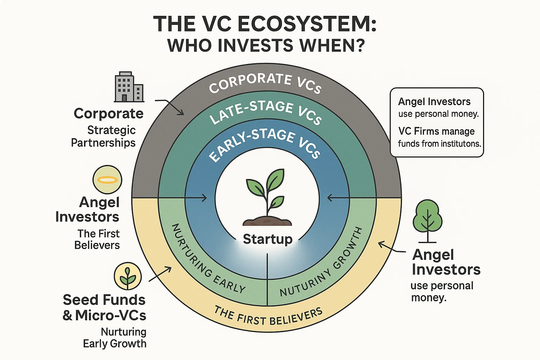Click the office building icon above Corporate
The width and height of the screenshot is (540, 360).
click(x=129, y=87)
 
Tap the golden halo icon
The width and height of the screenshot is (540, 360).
click(x=107, y=180)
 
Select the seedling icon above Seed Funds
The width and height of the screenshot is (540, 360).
click(x=128, y=276)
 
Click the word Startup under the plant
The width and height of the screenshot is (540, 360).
click(x=268, y=239)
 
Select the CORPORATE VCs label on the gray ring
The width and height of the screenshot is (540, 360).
click(x=265, y=83)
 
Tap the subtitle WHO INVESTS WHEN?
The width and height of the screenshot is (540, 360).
click(x=266, y=46)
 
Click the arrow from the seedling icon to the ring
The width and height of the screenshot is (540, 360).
click(x=160, y=274)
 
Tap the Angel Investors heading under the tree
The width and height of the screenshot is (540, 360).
click(x=446, y=262)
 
